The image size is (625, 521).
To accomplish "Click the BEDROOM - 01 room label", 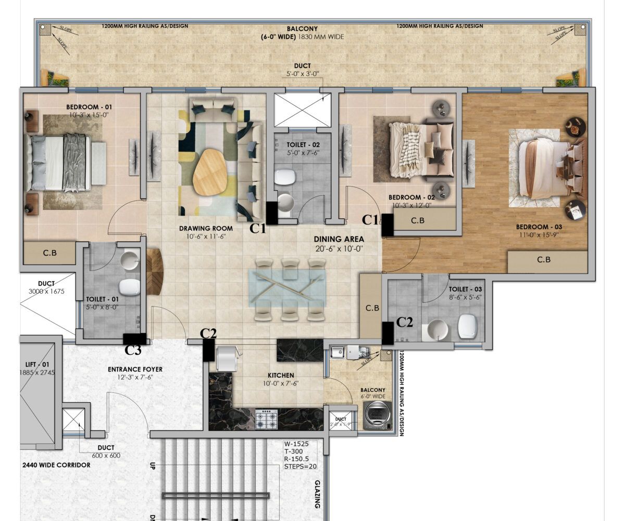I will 89,107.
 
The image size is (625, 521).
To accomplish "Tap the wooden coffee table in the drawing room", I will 209,171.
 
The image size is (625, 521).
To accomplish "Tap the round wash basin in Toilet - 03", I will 435,329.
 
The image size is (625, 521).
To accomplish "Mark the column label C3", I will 133,351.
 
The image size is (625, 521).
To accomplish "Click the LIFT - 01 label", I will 37,364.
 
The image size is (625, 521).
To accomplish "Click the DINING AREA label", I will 339,239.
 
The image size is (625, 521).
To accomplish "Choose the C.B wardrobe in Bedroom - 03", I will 543,259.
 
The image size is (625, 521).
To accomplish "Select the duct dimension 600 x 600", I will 106,455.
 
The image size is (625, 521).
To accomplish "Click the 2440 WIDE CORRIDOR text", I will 56,465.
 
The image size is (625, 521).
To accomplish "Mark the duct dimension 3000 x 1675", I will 46,291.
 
